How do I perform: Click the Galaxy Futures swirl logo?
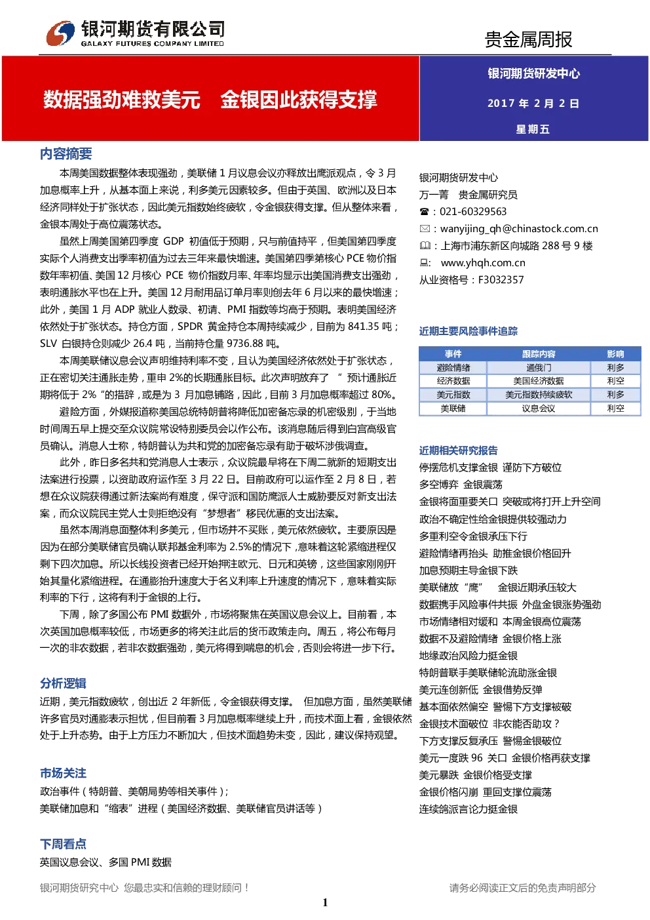tap(60, 33)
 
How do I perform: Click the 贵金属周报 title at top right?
tap(528, 39)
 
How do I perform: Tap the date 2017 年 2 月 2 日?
tap(533, 103)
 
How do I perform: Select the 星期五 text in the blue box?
tap(533, 129)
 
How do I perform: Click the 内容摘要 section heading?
tap(66, 153)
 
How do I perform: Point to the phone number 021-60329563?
tap(473, 212)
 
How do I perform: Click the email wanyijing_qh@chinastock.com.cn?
tap(519, 229)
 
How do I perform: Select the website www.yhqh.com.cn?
tap(483, 263)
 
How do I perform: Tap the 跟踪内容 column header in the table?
tap(539, 354)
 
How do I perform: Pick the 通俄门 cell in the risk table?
tap(539, 368)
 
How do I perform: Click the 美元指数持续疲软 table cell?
tap(539, 395)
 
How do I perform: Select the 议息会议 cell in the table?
tap(539, 409)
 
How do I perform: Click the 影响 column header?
tap(615, 354)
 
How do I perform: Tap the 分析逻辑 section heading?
tap(63, 683)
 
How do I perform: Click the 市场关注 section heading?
tap(63, 773)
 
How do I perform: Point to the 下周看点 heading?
tap(63, 845)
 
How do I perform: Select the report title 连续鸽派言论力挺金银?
tap(468, 810)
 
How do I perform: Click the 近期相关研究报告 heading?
tap(458, 450)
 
